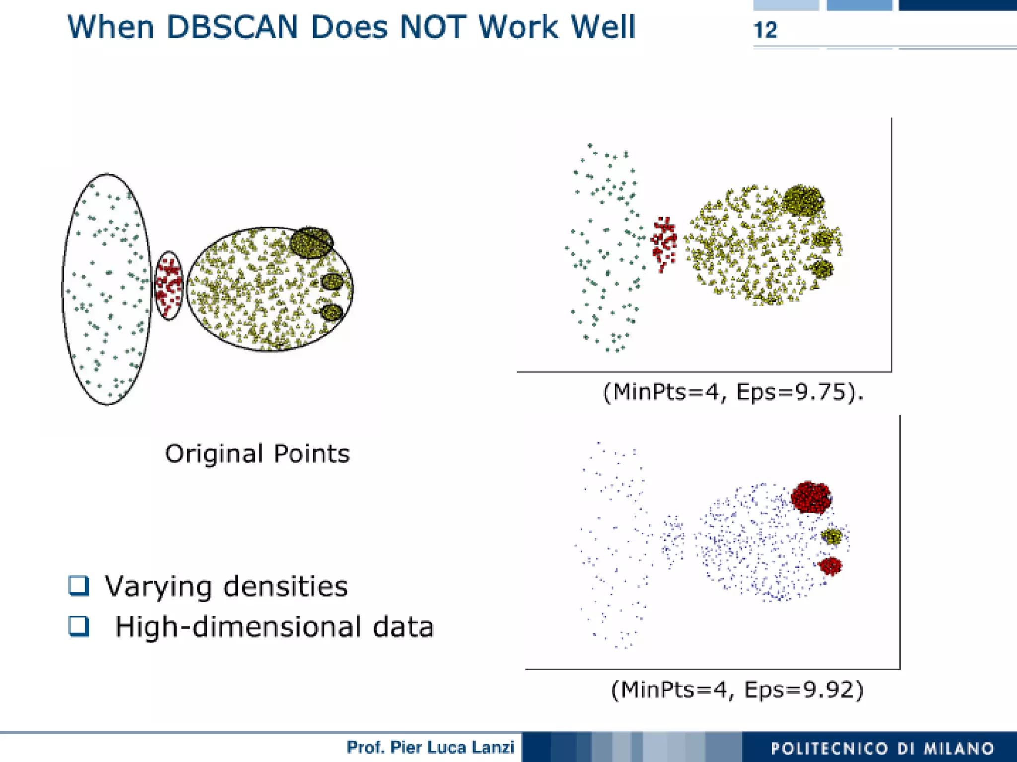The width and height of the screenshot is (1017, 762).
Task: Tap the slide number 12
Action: click(x=765, y=30)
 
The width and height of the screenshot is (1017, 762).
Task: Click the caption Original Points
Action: click(x=257, y=454)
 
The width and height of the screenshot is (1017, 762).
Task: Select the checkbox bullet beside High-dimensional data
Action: click(x=78, y=626)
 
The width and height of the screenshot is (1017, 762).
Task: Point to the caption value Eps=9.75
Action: click(x=791, y=392)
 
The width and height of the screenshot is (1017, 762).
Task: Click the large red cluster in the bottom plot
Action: click(x=810, y=497)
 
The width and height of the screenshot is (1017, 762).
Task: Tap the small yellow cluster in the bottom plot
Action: click(x=831, y=536)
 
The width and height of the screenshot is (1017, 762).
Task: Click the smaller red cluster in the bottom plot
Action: click(x=830, y=565)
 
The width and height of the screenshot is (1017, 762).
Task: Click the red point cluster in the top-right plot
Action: click(x=664, y=242)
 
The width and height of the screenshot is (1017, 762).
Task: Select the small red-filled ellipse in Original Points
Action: click(x=169, y=285)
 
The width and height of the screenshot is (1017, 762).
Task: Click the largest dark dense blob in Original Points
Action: click(x=311, y=242)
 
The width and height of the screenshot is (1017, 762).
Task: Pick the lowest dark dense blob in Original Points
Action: click(x=332, y=312)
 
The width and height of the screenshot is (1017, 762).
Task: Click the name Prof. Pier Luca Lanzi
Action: click(x=430, y=747)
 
